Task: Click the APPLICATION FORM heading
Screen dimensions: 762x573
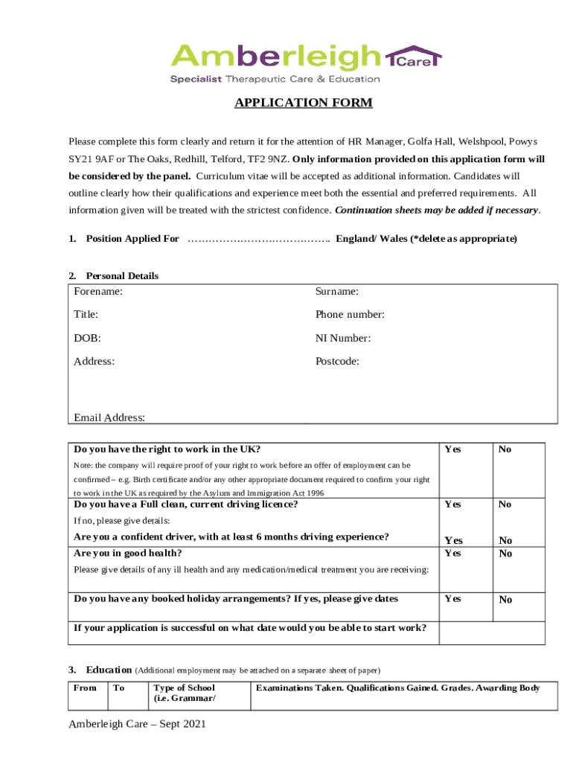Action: pyautogui.click(x=303, y=103)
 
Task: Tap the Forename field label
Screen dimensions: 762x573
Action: pyautogui.click(x=98, y=292)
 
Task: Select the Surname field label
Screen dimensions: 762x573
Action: pyautogui.click(x=336, y=292)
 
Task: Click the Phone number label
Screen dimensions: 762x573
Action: pyautogui.click(x=349, y=315)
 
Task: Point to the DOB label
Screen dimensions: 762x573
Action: pyautogui.click(x=87, y=338)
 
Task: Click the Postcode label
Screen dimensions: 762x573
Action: pyautogui.click(x=337, y=361)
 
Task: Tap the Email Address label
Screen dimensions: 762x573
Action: pyautogui.click(x=109, y=417)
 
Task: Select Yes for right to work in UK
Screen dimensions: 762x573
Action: pyautogui.click(x=452, y=449)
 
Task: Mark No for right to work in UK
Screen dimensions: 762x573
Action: pyautogui.click(x=505, y=449)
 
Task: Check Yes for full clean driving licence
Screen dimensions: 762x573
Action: pyautogui.click(x=452, y=505)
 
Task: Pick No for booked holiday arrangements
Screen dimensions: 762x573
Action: pyautogui.click(x=505, y=600)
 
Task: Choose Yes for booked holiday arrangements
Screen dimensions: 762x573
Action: pyautogui.click(x=452, y=598)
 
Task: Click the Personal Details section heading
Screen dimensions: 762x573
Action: pyautogui.click(x=122, y=275)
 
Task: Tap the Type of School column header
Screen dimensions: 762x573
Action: pyautogui.click(x=184, y=688)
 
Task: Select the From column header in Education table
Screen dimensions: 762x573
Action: pyautogui.click(x=86, y=688)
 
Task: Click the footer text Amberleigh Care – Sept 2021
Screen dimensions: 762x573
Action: pyautogui.click(x=137, y=724)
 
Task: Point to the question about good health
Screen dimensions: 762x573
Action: pyautogui.click(x=128, y=553)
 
